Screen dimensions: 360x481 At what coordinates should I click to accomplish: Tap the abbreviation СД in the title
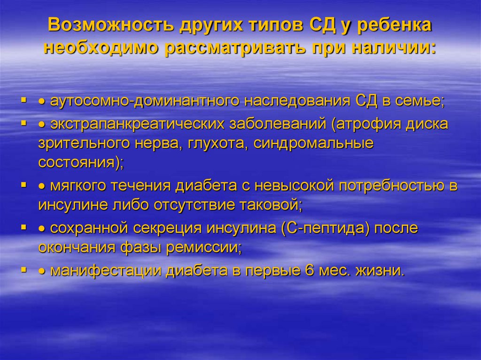(x=318, y=26)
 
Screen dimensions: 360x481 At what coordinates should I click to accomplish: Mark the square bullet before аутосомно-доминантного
(x=23, y=100)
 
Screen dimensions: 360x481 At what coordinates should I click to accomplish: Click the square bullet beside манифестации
(x=23, y=270)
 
